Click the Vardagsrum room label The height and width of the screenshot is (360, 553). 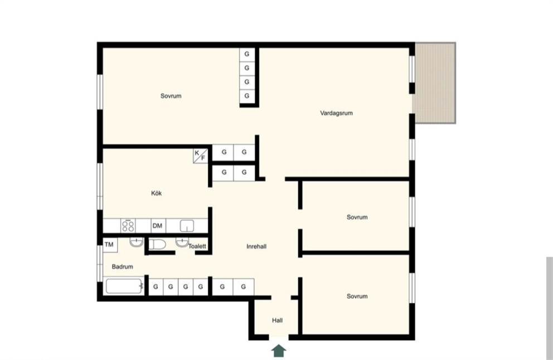tap(336, 113)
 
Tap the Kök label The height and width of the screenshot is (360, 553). tap(156, 193)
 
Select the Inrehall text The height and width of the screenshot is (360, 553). tap(256, 246)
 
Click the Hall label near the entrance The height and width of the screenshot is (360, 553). tap(277, 320)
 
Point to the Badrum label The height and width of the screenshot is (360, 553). tap(123, 266)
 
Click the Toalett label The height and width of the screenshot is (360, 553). tap(197, 246)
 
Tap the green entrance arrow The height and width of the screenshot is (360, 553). tap(279, 351)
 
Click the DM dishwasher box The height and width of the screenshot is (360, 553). tap(158, 226)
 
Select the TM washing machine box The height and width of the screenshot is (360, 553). tap(109, 244)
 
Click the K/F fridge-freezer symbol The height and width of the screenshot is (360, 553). tap(200, 155)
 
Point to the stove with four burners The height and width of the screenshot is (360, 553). tap(128, 226)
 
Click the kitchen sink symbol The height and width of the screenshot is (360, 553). tap(187, 226)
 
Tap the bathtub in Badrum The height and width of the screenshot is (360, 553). tap(124, 286)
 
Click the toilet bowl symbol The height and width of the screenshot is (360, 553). tap(157, 244)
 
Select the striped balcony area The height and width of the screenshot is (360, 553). tap(435, 83)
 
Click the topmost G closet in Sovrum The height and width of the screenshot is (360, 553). tap(247, 54)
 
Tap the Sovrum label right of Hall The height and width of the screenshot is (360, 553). tap(357, 296)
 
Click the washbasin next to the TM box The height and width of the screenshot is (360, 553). tap(136, 242)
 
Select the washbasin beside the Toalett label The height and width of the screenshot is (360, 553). tap(182, 242)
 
